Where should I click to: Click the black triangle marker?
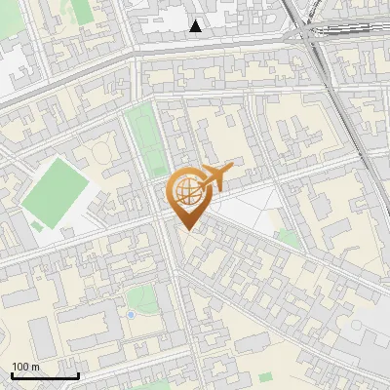[x=197, y=26]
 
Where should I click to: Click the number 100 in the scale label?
[x=21, y=367]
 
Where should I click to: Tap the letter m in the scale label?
[x=36, y=367]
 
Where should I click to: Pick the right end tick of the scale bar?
[x=78, y=374]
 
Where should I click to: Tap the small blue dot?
[x=131, y=315]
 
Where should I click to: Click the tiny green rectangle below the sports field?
[x=37, y=226]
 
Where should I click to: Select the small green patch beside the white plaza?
[x=287, y=237]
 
